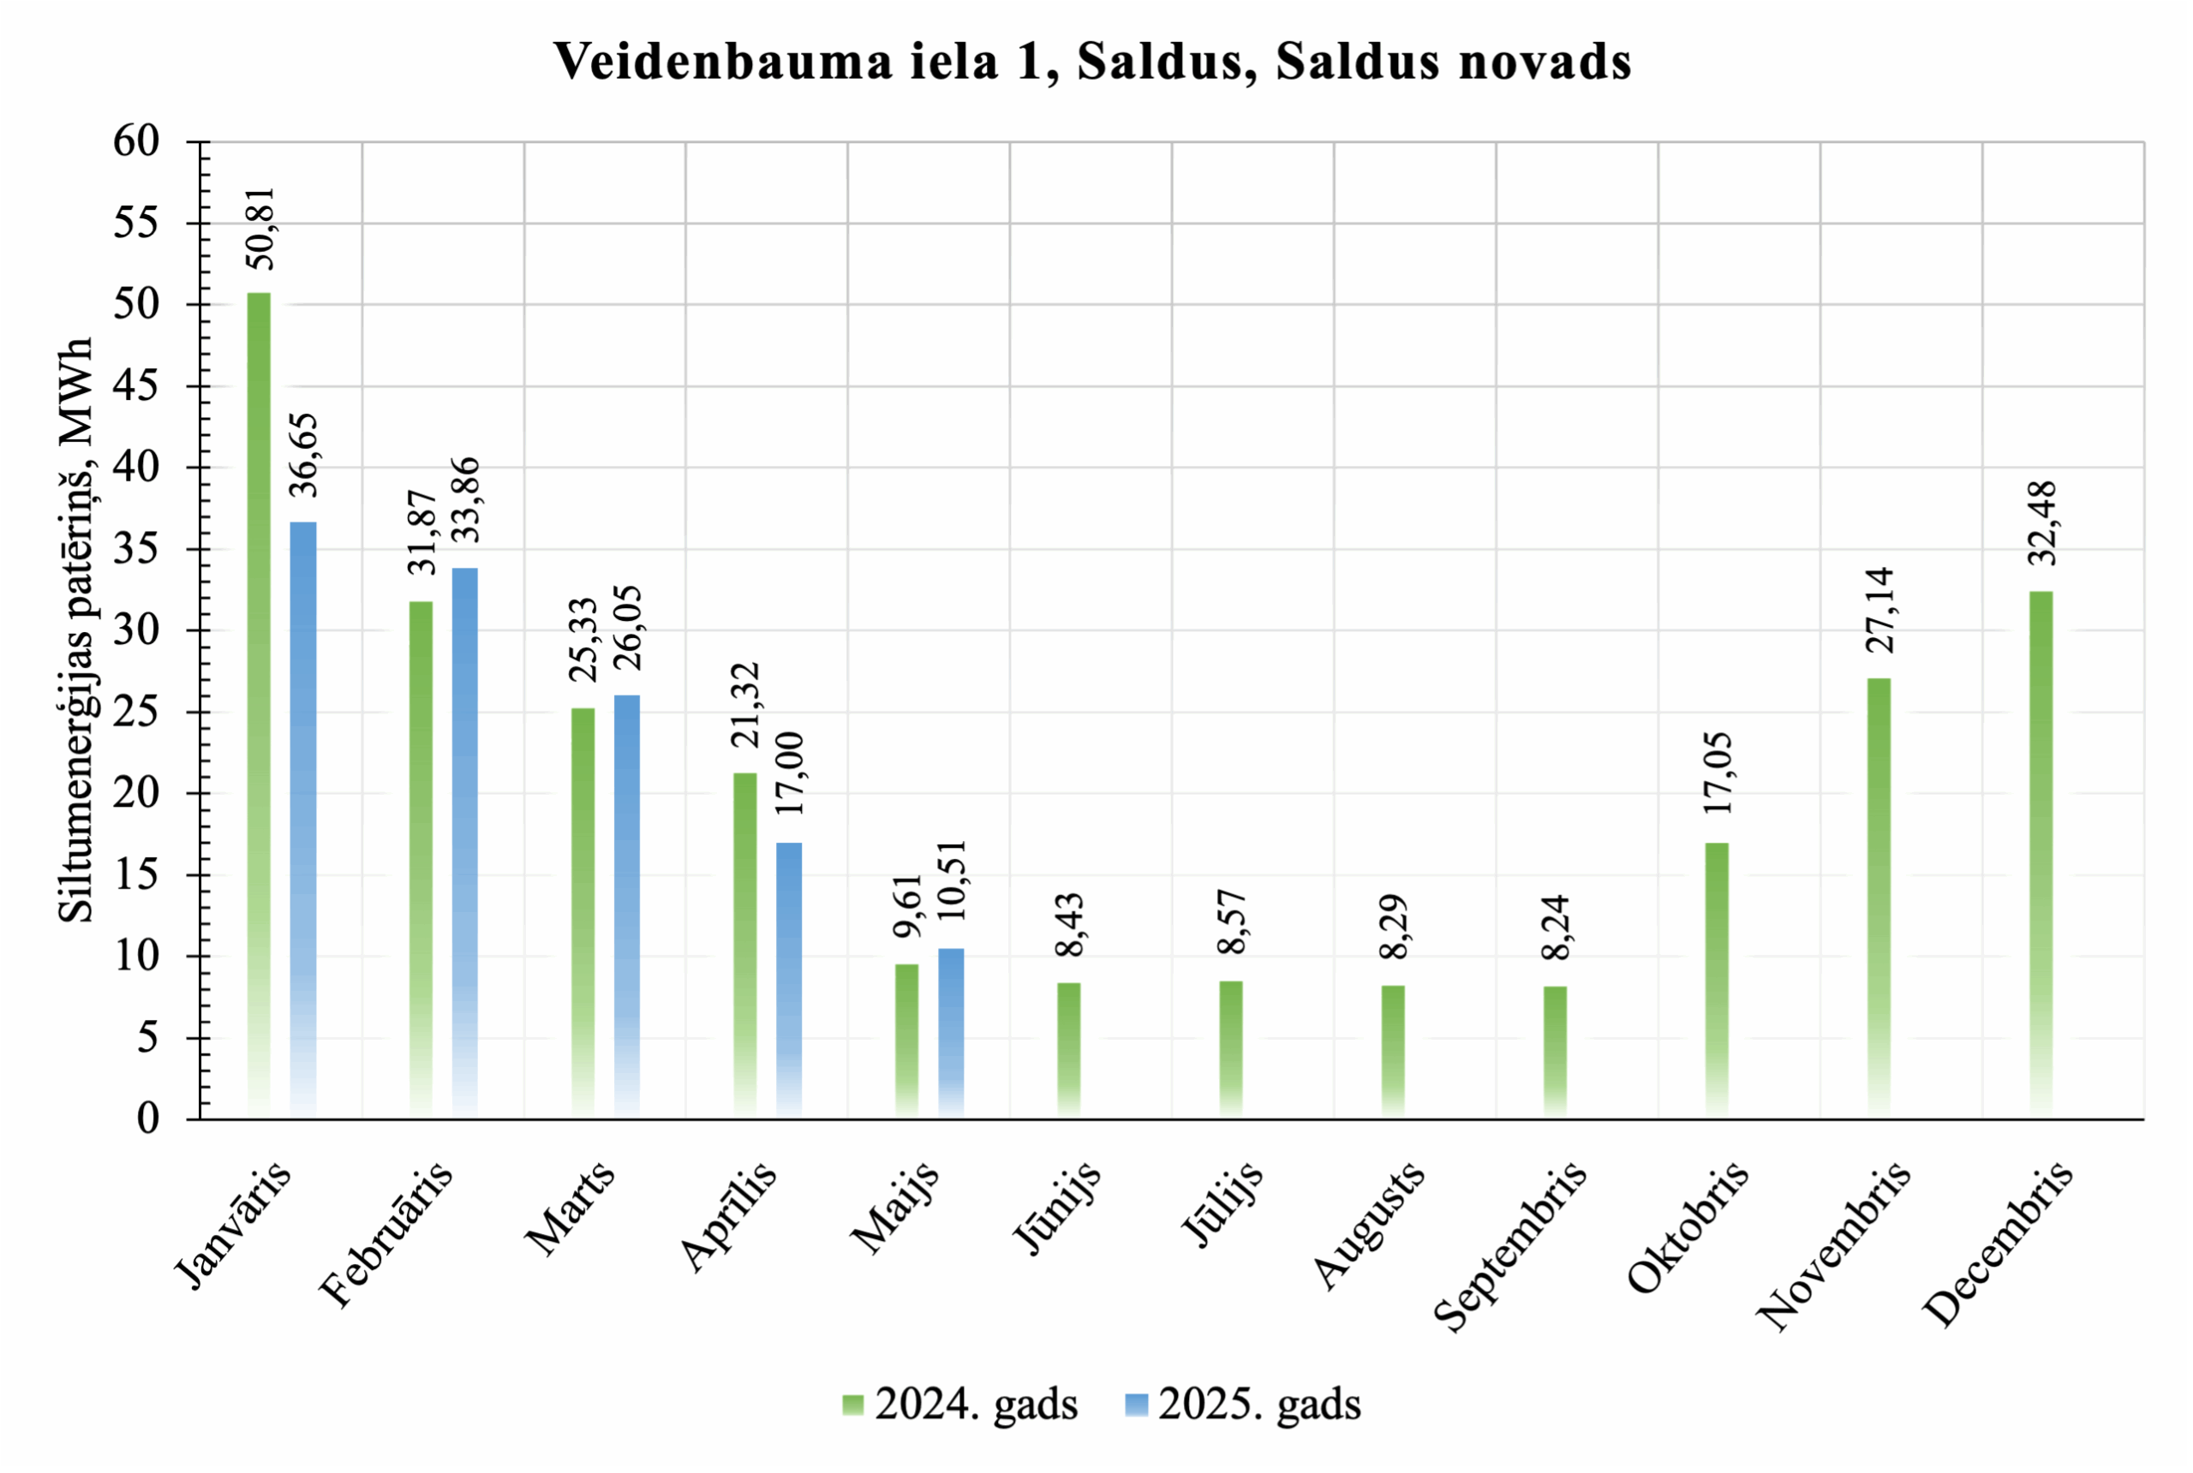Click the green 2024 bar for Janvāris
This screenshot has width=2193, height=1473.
(259, 705)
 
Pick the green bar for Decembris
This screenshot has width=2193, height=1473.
(2041, 854)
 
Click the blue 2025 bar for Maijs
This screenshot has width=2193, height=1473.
(951, 1033)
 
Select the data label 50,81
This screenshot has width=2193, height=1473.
(260, 229)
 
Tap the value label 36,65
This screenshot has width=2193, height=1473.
(303, 455)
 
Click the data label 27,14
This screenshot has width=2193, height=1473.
(1879, 611)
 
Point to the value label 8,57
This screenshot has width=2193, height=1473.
(1231, 921)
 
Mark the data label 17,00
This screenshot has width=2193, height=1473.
(789, 773)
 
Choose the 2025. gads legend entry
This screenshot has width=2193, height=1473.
(1243, 1404)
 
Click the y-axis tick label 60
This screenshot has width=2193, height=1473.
(136, 142)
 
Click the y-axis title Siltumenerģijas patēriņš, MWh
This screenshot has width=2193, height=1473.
(76, 629)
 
